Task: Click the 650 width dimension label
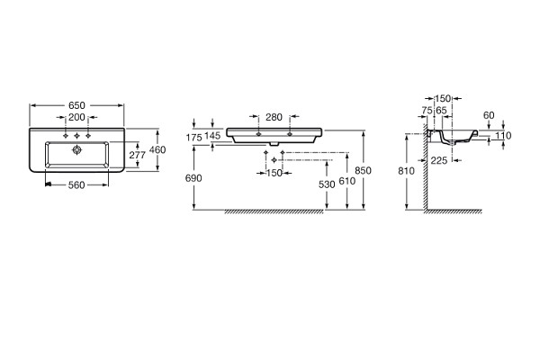(x=76, y=105)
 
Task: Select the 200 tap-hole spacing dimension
(x=76, y=118)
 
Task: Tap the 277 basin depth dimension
(x=138, y=155)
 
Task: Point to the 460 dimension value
(x=157, y=150)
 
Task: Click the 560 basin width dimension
(x=76, y=185)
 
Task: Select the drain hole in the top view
(x=76, y=150)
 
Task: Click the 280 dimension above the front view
(x=274, y=118)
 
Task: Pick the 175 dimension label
(x=193, y=138)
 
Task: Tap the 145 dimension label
(x=212, y=136)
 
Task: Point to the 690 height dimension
(x=193, y=178)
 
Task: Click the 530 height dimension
(x=327, y=185)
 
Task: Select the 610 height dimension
(x=347, y=181)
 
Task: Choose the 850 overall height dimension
(x=364, y=170)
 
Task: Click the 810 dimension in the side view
(x=407, y=171)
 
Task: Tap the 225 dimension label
(x=439, y=160)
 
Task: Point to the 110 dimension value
(x=503, y=136)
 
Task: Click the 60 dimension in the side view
(x=489, y=116)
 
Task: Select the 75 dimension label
(x=427, y=111)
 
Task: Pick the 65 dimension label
(x=441, y=111)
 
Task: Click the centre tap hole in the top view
(x=76, y=136)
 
